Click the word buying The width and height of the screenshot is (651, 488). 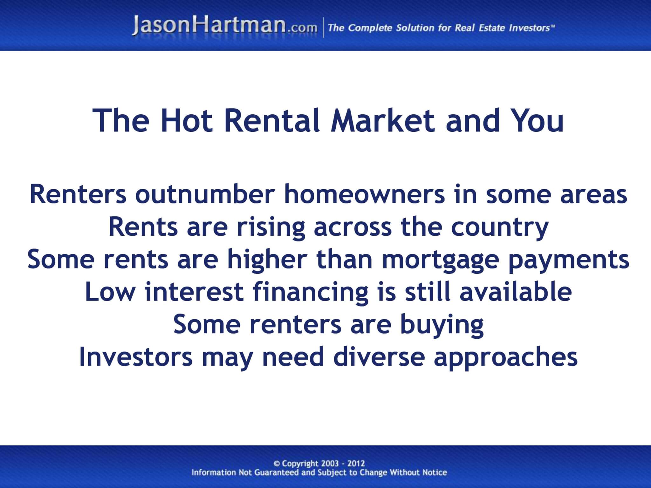442,325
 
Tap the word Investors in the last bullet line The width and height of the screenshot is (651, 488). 136,356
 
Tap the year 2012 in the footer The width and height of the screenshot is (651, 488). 356,464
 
